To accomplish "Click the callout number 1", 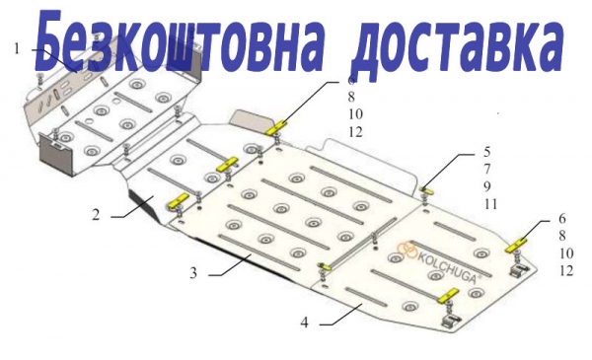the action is click(17, 48).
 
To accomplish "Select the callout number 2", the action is click(97, 215).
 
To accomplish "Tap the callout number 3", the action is click(193, 272).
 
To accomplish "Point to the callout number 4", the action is click(305, 323).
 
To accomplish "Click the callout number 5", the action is click(487, 152).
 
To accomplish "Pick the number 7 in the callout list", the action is click(487, 169).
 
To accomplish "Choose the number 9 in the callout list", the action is click(487, 186).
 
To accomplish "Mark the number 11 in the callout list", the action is click(490, 204).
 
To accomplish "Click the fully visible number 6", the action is click(562, 218).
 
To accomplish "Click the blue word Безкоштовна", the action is click(179, 41).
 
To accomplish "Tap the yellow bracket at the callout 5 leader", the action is click(427, 189).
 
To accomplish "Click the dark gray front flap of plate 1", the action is click(56, 155).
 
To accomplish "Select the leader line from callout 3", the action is click(230, 265).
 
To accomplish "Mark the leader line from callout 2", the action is click(132, 206).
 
